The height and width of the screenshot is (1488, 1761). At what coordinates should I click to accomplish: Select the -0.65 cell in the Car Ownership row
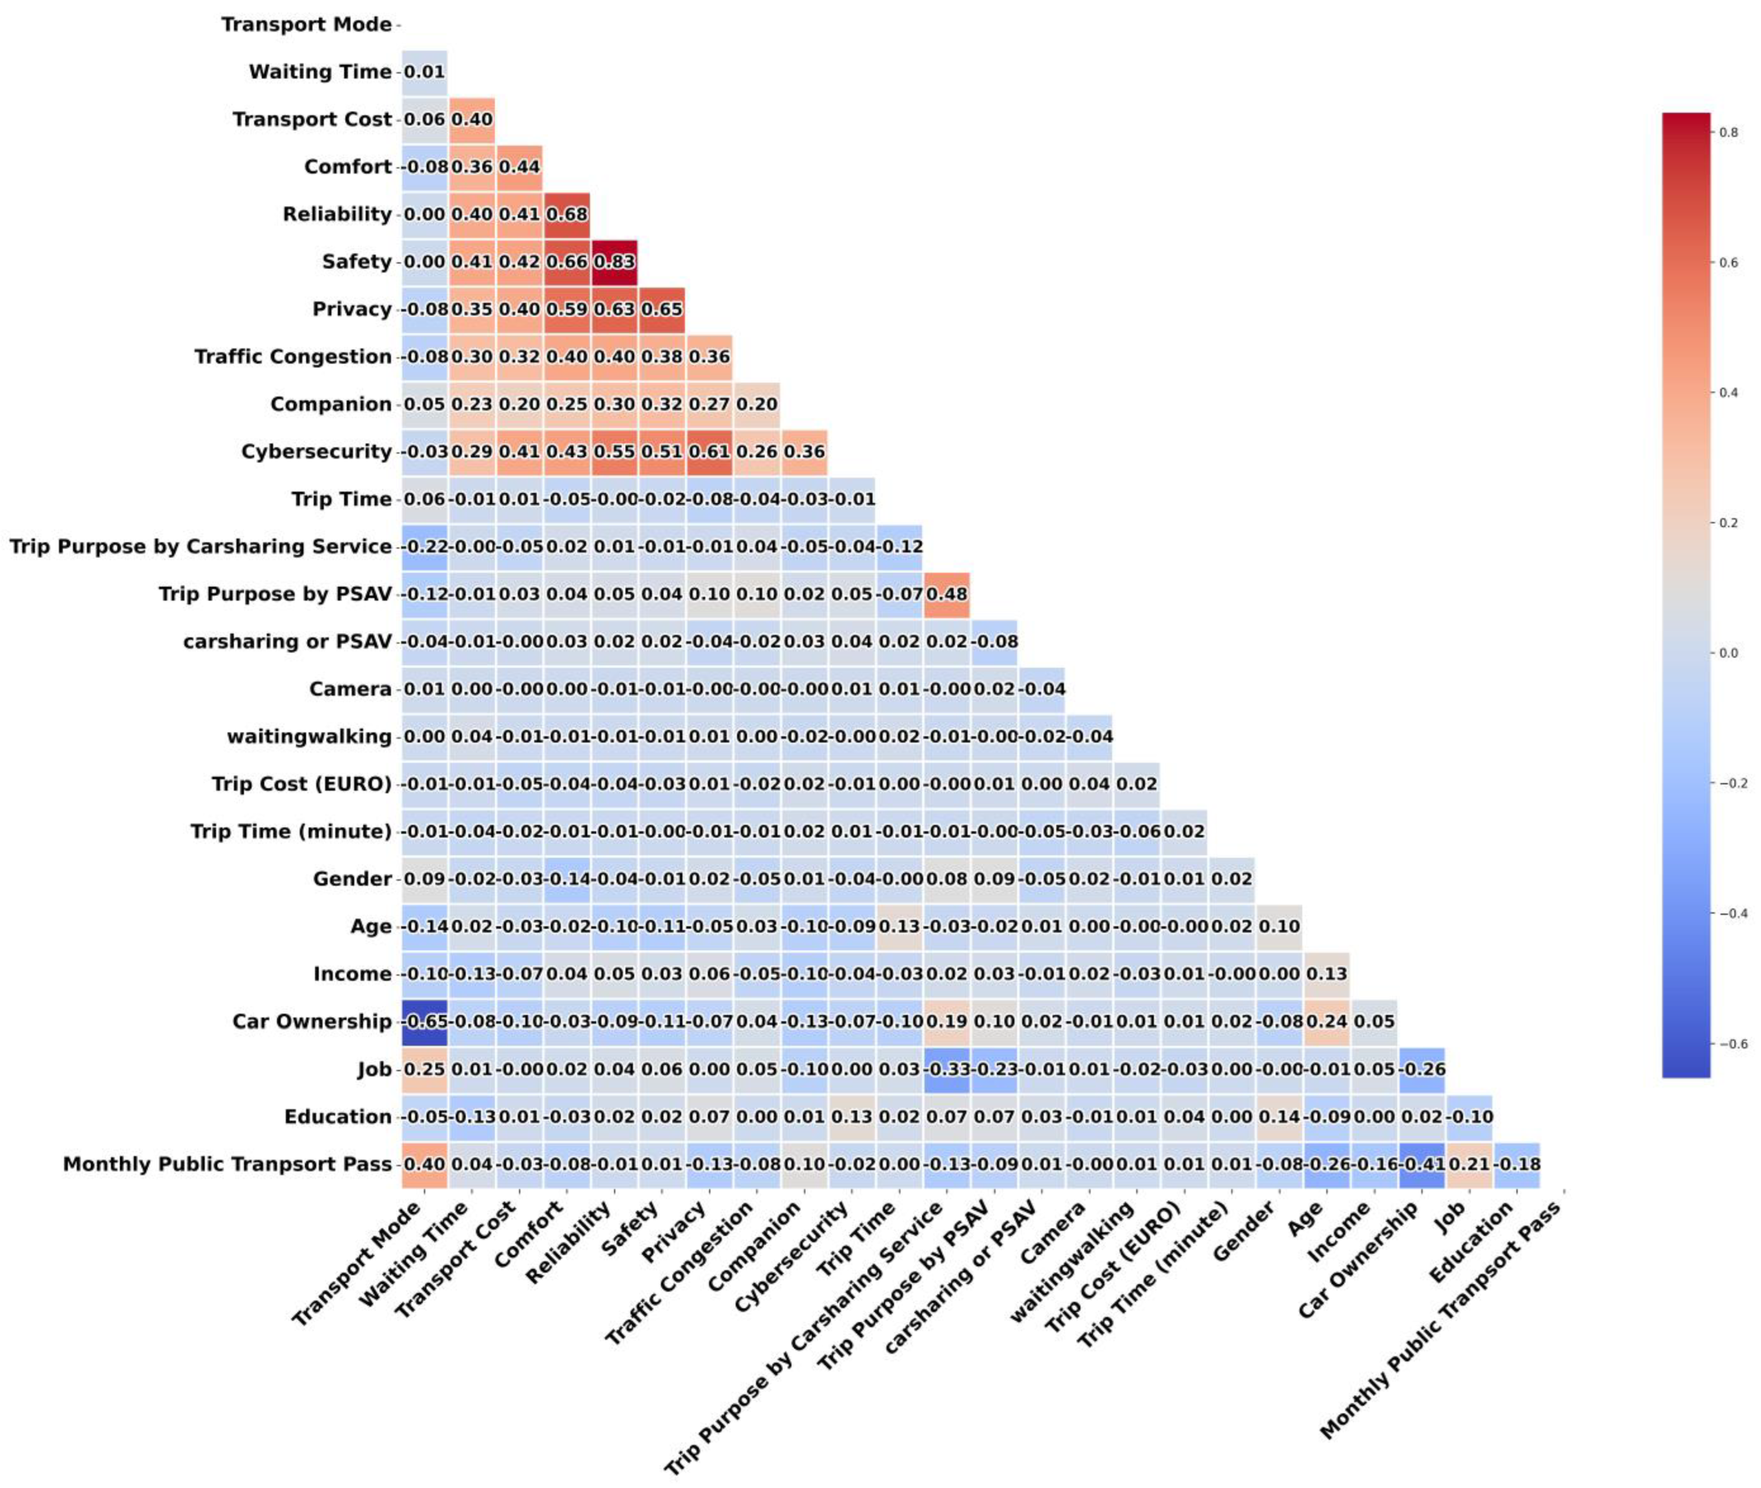pos(424,1022)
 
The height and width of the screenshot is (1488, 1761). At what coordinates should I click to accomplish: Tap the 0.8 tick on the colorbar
pos(1727,132)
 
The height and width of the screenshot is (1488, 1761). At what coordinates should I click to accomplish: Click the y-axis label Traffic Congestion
pos(293,357)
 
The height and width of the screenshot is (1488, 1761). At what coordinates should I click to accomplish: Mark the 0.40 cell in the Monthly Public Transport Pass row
pos(424,1164)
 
